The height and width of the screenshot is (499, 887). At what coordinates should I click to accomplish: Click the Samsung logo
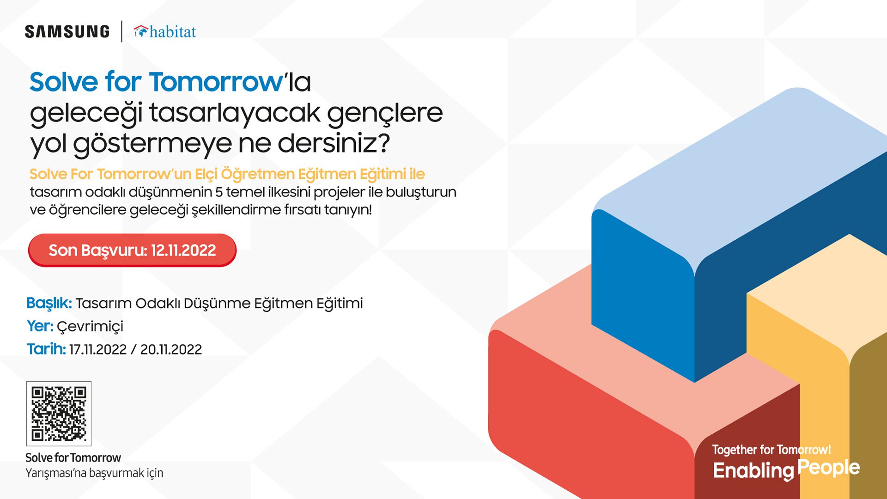point(67,31)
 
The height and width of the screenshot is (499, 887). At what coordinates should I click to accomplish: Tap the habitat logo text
point(172,32)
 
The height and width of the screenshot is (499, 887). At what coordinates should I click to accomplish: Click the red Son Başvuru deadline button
point(132,250)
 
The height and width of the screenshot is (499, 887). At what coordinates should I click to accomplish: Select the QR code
point(59,414)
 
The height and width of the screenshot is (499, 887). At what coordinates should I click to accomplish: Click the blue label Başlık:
point(49,303)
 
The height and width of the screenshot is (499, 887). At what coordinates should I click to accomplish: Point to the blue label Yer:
point(40,326)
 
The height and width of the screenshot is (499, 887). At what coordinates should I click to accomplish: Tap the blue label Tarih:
point(46,349)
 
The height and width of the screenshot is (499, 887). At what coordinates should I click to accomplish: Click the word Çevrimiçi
point(90,327)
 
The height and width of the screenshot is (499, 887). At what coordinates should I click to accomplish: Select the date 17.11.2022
point(98,349)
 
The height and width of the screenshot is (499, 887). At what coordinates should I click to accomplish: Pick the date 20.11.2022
point(171,349)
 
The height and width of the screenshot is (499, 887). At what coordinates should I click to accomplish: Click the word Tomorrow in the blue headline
point(216,82)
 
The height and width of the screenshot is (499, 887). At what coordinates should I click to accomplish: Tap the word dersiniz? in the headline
point(334,143)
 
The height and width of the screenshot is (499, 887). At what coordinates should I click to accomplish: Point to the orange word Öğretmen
point(258,174)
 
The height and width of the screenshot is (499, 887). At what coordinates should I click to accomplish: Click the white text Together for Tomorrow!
point(771,450)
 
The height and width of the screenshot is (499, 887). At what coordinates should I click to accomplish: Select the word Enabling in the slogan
point(753,471)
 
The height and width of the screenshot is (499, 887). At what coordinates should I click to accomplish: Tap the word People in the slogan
point(828,468)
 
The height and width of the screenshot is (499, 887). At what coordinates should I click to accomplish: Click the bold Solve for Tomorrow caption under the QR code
point(73,457)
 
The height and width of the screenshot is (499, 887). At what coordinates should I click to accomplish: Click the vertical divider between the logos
point(122,31)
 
